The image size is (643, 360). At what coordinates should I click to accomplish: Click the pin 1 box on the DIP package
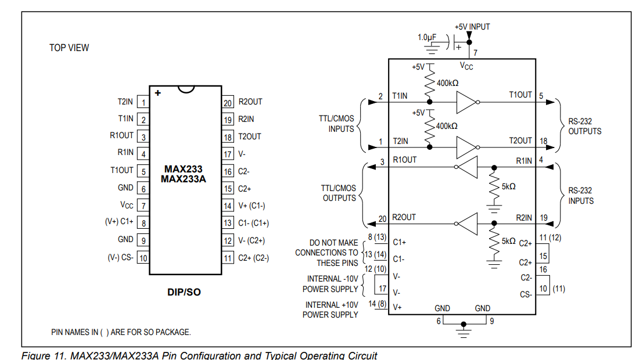coord(143,102)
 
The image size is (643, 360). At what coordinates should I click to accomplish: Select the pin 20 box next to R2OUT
coord(228,102)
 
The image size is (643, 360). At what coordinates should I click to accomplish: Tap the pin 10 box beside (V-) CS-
coord(143,257)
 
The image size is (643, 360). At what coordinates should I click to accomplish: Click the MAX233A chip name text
coord(184,179)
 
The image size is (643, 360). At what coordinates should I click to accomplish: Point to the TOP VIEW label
coord(69,48)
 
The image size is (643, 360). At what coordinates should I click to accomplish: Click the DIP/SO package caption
coord(184,292)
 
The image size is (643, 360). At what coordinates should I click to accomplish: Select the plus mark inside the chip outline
coord(158,93)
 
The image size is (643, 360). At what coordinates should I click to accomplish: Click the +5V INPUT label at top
coord(472,27)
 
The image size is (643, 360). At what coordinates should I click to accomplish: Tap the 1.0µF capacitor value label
coord(427,37)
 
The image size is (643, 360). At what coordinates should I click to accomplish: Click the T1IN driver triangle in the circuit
coord(466,102)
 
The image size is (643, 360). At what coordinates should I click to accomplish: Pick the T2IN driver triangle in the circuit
coord(466,147)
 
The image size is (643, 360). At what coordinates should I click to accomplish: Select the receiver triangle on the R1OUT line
coord(468,167)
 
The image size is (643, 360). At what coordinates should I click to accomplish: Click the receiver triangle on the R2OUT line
coord(468,224)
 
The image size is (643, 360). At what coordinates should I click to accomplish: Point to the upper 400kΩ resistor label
coord(447,83)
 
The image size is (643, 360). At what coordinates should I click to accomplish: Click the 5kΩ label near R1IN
coord(508,186)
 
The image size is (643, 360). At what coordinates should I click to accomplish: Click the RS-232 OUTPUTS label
coord(585,126)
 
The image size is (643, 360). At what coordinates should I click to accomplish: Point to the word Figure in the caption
coord(34,355)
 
